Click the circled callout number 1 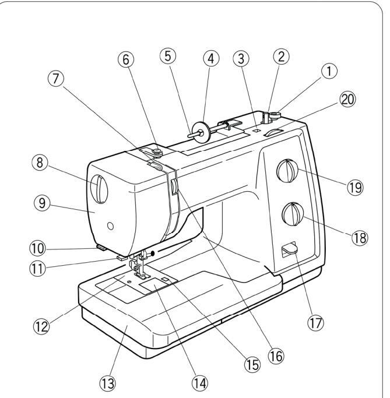329,71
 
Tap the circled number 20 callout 347,99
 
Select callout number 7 56,79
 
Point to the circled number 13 108,383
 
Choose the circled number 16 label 276,355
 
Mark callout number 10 38,248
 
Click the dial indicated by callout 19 287,171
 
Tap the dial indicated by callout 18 293,214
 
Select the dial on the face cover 99,189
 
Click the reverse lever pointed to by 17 290,249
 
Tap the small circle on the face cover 110,226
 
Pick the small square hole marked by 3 256,130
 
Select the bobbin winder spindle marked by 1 275,116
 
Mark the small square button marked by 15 165,279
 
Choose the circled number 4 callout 211,59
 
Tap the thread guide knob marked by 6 157,152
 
